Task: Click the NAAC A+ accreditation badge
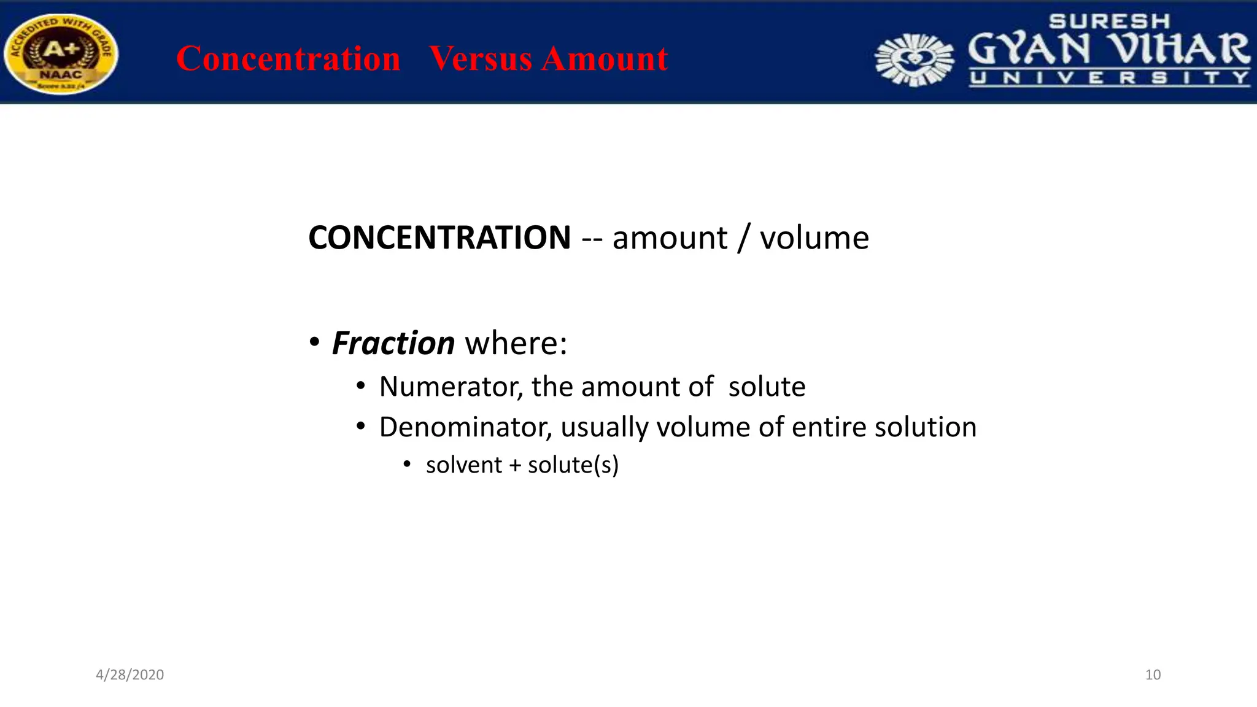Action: coord(60,54)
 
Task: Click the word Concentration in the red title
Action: coord(288,59)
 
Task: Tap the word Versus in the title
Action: coord(480,59)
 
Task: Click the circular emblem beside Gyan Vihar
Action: coord(915,60)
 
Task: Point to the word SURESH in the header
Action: coord(1109,21)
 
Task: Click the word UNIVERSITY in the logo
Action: coord(1109,78)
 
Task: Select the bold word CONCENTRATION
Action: coord(439,238)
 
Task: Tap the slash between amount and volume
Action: coord(743,238)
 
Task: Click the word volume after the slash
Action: coord(814,238)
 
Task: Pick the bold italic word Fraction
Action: coord(393,342)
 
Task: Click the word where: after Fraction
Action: coord(516,342)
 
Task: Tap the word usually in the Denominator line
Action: coord(604,427)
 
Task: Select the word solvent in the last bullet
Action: coord(464,465)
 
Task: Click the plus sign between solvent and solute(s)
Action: coord(515,466)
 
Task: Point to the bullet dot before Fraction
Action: coord(314,342)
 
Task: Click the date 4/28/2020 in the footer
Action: coord(130,674)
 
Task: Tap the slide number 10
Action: coord(1153,674)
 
